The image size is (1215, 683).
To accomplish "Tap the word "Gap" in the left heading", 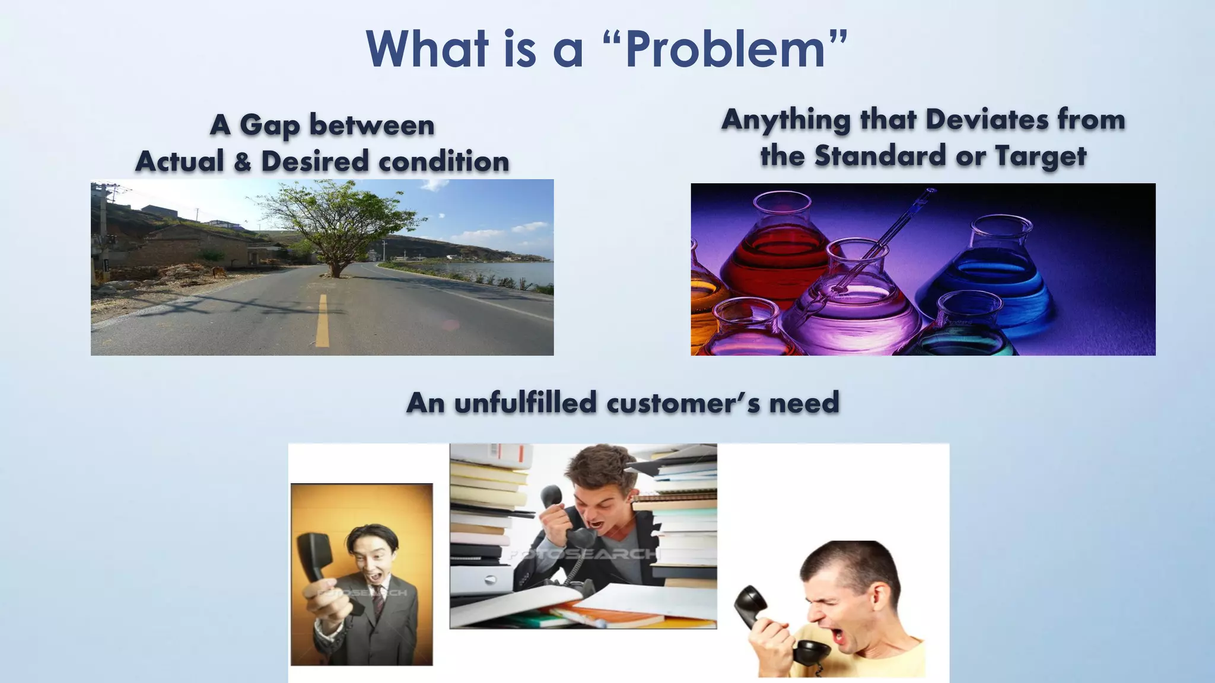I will [269, 126].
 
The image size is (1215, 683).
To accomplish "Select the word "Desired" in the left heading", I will [314, 161].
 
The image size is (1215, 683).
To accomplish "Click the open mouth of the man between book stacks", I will [594, 524].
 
